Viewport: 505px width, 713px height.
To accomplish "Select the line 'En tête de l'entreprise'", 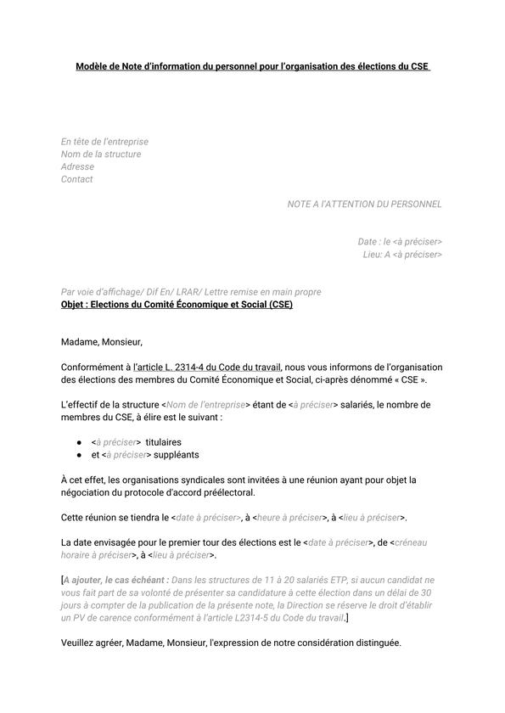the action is click(x=104, y=142).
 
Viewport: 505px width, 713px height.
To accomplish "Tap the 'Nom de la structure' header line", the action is click(x=101, y=154).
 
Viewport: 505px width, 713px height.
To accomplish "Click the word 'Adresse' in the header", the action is click(x=77, y=167).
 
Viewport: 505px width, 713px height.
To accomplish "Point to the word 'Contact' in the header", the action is click(x=76, y=179).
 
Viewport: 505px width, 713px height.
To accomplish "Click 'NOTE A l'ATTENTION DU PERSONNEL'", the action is click(x=364, y=205).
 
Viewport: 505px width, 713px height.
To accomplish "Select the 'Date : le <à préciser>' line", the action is click(x=400, y=242).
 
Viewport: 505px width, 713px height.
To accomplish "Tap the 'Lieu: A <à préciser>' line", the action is click(x=402, y=255).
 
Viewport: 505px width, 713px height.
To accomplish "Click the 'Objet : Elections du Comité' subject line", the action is click(x=177, y=305).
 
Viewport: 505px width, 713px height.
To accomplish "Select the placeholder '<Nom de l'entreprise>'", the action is click(x=205, y=405).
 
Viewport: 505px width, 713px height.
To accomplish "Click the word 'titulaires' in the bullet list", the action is click(x=163, y=442).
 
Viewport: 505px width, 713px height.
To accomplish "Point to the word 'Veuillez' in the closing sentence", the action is click(x=78, y=643).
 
